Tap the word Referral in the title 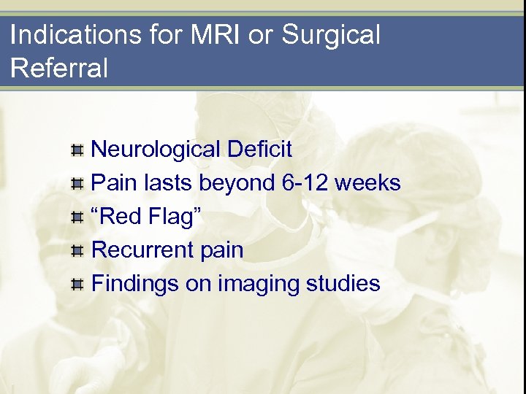click(59, 68)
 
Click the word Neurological click(155, 150)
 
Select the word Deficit click(259, 150)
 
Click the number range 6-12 click(305, 182)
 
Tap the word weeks click(367, 182)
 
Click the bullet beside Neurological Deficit click(77, 150)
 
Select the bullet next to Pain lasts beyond click(77, 183)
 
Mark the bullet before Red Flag click(77, 217)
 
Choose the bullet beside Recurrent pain click(77, 250)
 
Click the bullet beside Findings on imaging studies click(77, 284)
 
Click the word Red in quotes click(121, 216)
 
